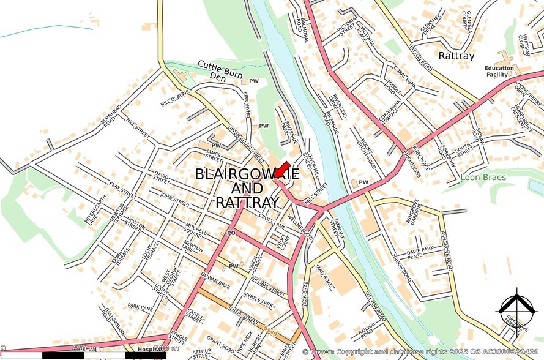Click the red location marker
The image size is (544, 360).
pos(282,170)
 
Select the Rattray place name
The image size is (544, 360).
pos(456,56)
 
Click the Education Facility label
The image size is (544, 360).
pos(499,71)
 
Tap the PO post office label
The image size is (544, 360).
pos(231,233)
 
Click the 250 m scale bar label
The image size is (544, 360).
pos(83,348)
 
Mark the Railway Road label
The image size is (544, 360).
pos(367,331)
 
